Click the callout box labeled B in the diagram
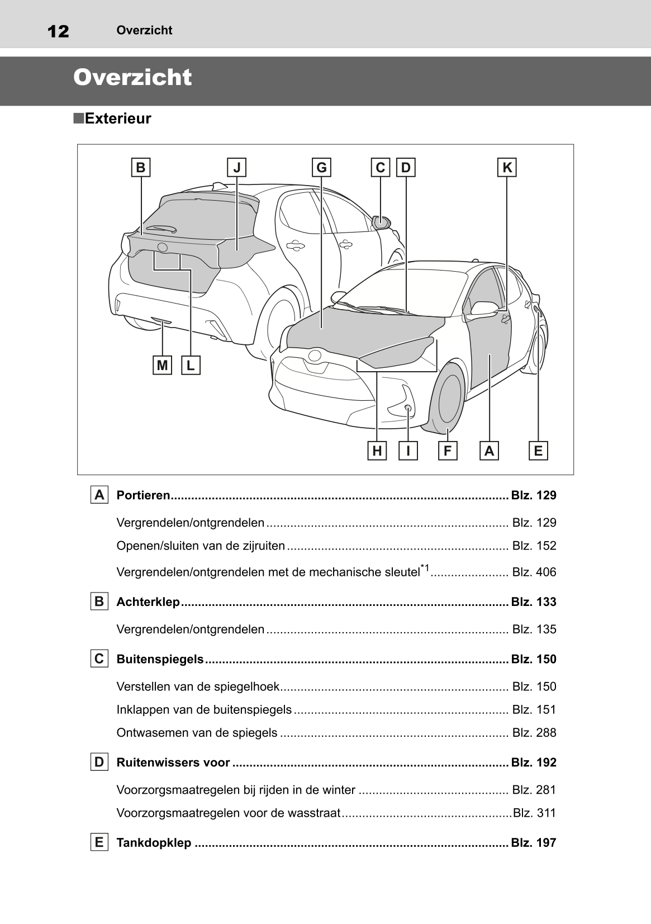(x=141, y=167)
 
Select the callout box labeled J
(x=237, y=167)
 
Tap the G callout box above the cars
(x=321, y=167)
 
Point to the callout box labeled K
(x=507, y=167)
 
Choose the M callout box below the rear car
(x=162, y=366)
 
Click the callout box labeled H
(x=377, y=451)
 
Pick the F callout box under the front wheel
(x=448, y=451)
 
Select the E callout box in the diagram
(x=538, y=451)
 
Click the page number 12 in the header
(x=58, y=31)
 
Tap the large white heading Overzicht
(x=132, y=78)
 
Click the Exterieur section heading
(x=117, y=119)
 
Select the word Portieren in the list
(x=143, y=495)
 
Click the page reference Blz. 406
(x=534, y=572)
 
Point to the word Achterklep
(x=148, y=602)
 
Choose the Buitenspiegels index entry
(x=160, y=659)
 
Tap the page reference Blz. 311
(x=534, y=813)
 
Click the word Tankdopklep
(x=154, y=843)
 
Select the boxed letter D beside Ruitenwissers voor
(x=99, y=762)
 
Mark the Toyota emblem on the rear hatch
(x=162, y=247)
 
